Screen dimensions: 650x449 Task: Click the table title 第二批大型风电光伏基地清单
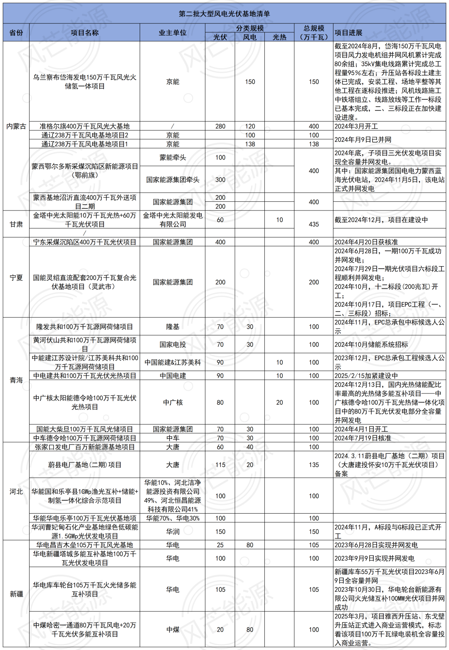[x=224, y=14]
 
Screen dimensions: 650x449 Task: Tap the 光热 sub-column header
[x=279, y=37]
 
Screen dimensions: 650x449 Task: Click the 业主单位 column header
[x=173, y=32]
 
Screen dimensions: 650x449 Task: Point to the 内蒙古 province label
[x=16, y=126]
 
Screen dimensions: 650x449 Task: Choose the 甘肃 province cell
[x=16, y=224]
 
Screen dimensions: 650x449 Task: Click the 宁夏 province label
[x=16, y=277]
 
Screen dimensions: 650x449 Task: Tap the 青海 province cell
[x=16, y=380]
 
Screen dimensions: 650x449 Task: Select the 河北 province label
[x=16, y=492]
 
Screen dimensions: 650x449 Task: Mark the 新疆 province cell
[x=16, y=594]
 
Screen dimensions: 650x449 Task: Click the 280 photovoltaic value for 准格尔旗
[x=220, y=126]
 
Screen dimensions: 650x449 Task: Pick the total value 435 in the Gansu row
[x=314, y=224]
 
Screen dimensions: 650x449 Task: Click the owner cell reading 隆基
[x=173, y=327]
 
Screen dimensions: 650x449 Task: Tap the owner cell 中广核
[x=173, y=403]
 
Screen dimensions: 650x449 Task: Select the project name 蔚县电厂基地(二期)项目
[x=85, y=465]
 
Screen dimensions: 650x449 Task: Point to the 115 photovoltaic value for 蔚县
[x=220, y=465]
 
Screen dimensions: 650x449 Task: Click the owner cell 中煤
[x=173, y=630]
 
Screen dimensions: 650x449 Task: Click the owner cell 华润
[x=173, y=531]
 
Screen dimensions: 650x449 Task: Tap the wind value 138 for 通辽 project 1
[x=250, y=144]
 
